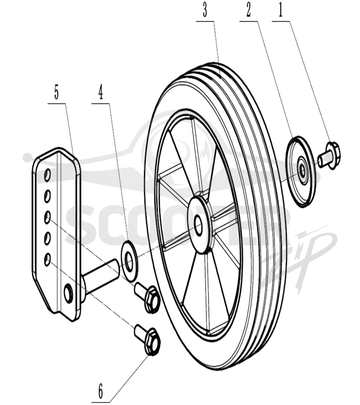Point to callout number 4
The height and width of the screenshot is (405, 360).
click(x=101, y=93)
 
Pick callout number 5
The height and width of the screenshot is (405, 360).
click(x=57, y=93)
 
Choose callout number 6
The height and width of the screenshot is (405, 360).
click(x=100, y=391)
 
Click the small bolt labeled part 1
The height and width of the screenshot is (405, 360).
click(x=329, y=156)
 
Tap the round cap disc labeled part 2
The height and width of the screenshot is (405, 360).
click(x=301, y=171)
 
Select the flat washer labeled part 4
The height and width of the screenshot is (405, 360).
click(x=130, y=261)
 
